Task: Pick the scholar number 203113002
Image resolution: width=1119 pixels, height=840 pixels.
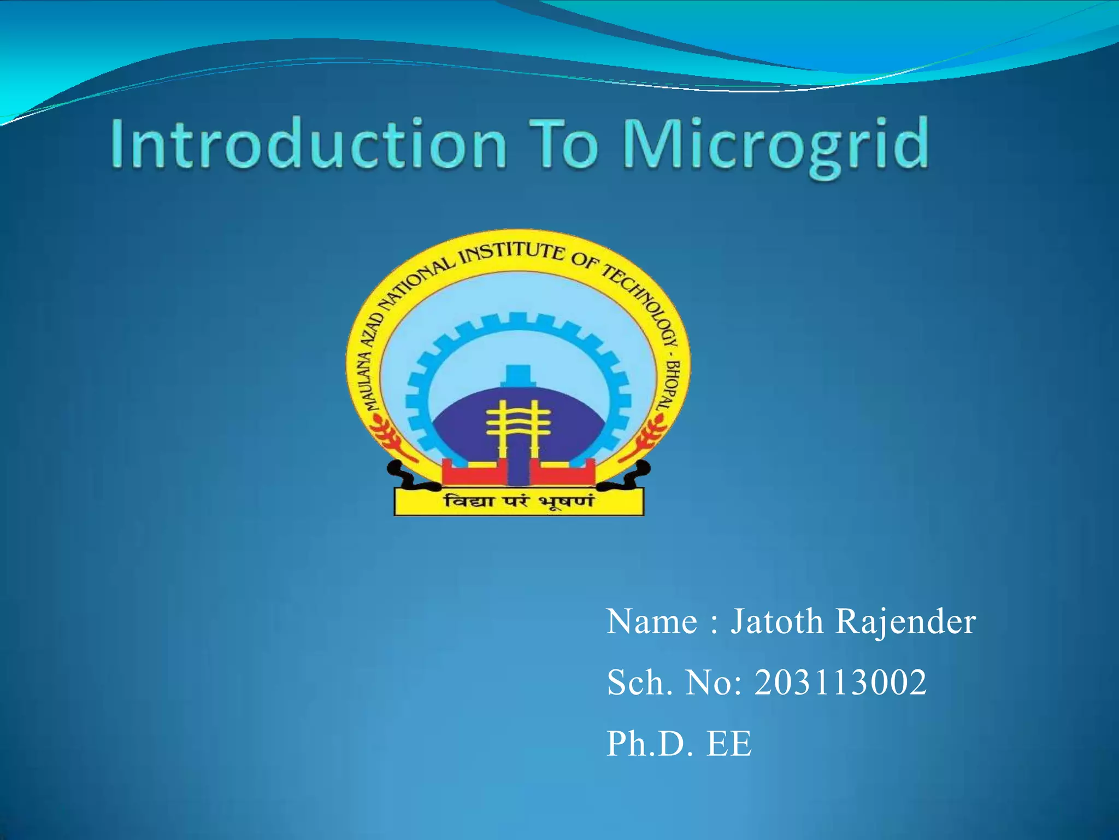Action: (x=840, y=682)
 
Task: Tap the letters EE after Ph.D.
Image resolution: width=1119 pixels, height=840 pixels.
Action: (x=729, y=744)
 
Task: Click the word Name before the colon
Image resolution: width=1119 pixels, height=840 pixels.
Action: (x=652, y=622)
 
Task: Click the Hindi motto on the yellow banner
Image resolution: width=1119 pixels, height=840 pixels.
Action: (x=518, y=501)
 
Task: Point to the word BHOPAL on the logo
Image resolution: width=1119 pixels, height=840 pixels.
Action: (x=670, y=386)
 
